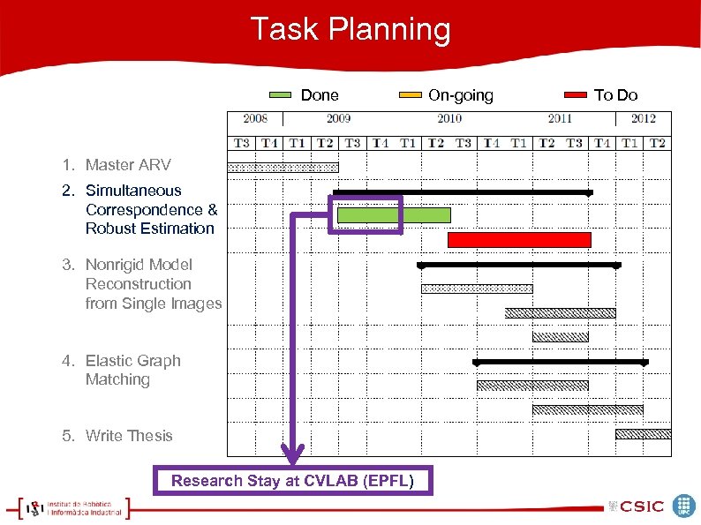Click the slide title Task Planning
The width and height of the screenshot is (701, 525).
(350, 29)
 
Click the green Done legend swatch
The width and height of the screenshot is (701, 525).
(280, 94)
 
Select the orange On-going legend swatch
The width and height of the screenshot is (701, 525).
(411, 94)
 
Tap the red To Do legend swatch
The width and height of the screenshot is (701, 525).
(576, 94)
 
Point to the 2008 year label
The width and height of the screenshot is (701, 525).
(255, 118)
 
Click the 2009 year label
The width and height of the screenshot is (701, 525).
(338, 118)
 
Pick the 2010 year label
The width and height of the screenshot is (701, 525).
(449, 118)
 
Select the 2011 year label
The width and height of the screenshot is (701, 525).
(560, 118)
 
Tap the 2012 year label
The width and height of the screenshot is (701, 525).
(644, 118)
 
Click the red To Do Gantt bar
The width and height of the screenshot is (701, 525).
(519, 240)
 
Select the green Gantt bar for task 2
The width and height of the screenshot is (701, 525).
(394, 214)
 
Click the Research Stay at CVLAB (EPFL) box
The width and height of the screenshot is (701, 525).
(294, 481)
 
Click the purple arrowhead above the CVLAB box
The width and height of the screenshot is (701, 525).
(293, 456)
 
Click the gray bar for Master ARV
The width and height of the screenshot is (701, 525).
(283, 167)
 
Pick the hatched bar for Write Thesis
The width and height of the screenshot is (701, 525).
(643, 434)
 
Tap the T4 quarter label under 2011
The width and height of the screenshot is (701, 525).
(602, 143)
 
